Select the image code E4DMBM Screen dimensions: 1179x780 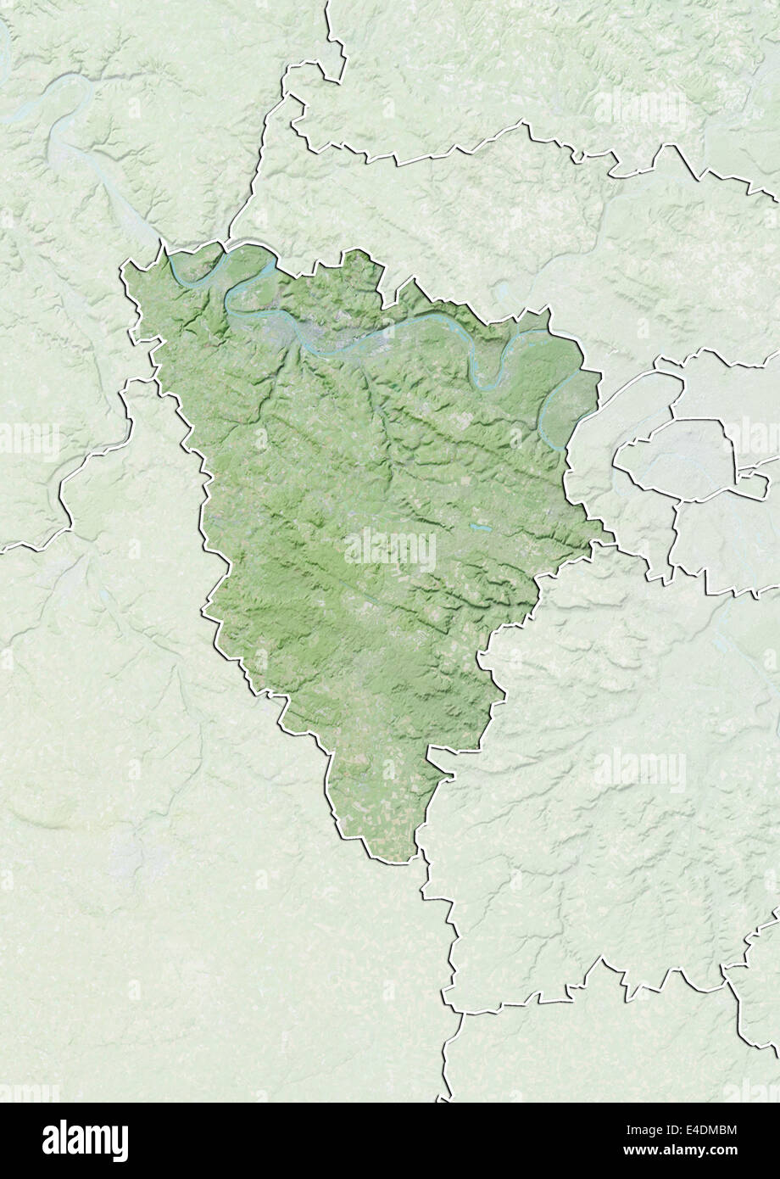pyautogui.click(x=709, y=1131)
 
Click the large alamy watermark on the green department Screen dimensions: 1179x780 pyautogui.click(x=390, y=550)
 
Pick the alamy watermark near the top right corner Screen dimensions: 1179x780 pyautogui.click(x=640, y=109)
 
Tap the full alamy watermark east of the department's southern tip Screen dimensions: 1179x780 pyautogui.click(x=640, y=770)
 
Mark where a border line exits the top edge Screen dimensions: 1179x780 pyautogui.click(x=326, y=3)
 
